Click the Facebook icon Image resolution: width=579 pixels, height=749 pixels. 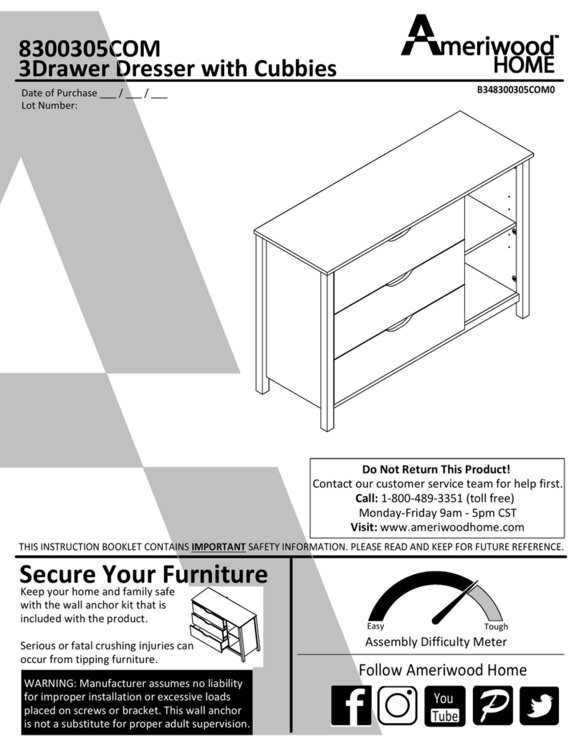(x=351, y=706)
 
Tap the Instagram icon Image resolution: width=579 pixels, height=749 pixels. (x=398, y=706)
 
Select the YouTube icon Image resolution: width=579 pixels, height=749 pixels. (x=444, y=706)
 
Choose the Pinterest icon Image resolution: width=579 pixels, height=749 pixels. (x=492, y=706)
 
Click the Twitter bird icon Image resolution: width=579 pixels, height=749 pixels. (x=539, y=706)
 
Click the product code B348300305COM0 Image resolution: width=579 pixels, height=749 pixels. (x=516, y=90)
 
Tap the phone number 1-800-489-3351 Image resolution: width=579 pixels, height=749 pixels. (x=422, y=498)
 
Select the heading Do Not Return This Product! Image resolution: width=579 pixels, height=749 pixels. (x=436, y=469)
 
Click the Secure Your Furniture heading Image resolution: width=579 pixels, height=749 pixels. (x=143, y=574)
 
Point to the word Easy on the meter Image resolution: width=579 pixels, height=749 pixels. (x=375, y=626)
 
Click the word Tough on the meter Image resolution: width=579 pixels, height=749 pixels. (x=496, y=626)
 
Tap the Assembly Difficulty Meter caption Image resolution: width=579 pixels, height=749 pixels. (x=436, y=641)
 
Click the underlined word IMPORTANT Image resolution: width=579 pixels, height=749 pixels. (x=219, y=547)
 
